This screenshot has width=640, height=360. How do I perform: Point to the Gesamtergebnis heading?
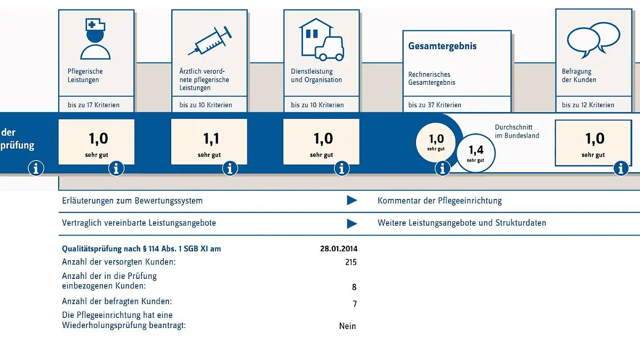(x=442, y=46)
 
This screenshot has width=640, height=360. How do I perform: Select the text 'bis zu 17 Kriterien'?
(x=94, y=105)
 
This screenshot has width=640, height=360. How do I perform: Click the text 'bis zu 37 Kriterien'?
(x=435, y=105)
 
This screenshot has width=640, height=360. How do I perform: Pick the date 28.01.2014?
(x=339, y=249)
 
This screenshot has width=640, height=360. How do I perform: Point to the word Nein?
(x=347, y=326)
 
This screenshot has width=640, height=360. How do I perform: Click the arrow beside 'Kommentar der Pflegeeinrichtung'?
(x=352, y=201)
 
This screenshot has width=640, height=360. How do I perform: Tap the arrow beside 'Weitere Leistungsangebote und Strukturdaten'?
(x=352, y=223)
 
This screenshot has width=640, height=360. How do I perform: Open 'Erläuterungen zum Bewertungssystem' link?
(x=132, y=201)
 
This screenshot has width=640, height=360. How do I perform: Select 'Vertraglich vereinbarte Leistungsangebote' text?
(x=139, y=223)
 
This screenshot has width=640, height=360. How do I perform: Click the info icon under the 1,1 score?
(x=230, y=169)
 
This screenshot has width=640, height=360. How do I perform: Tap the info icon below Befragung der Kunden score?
(x=621, y=169)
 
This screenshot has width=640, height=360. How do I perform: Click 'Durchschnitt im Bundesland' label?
(x=517, y=132)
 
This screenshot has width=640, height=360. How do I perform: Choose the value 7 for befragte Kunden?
(x=355, y=304)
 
